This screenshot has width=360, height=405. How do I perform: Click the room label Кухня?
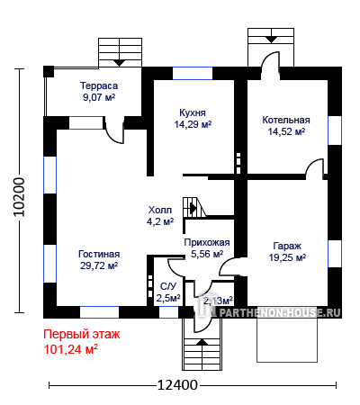click(193, 112)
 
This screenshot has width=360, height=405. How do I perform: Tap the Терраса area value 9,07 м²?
click(99, 97)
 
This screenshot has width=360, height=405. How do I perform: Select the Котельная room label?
click(286, 120)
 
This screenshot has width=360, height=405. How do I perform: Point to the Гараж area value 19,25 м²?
click(287, 257)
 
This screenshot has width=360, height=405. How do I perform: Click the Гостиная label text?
click(99, 254)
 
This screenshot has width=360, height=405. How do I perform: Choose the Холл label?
click(160, 210)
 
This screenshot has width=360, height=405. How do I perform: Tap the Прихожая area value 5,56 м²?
click(207, 254)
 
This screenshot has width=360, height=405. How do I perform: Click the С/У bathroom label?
click(168, 287)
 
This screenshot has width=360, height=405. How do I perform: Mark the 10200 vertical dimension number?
click(20, 196)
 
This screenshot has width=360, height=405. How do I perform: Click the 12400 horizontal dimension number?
click(177, 384)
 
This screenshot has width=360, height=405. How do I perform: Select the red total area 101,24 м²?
click(71, 349)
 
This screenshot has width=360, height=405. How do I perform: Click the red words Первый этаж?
click(82, 334)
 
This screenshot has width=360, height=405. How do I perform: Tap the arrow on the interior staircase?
click(193, 208)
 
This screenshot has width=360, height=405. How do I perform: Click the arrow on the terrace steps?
click(120, 63)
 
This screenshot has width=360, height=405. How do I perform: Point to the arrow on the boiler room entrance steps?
click(271, 40)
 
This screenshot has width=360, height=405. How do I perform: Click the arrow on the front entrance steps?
click(202, 342)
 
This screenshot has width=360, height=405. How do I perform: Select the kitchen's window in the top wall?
click(193, 73)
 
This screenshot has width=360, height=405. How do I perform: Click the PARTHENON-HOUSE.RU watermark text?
click(279, 312)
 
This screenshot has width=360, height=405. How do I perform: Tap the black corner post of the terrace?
click(49, 72)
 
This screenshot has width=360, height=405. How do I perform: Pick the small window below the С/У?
click(168, 312)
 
